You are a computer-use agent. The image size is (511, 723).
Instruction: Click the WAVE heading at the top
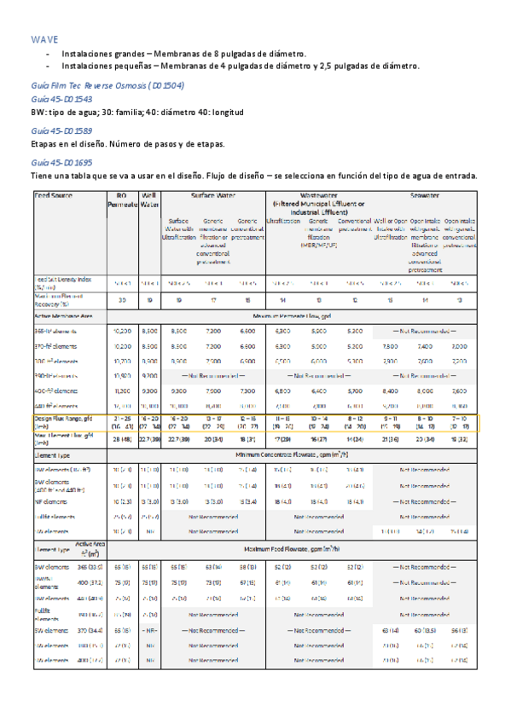44,40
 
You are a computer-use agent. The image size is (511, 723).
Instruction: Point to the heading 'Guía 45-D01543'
61,100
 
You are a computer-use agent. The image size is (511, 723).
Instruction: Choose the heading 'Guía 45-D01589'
61,131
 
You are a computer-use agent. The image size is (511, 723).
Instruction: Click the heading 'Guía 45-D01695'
61,162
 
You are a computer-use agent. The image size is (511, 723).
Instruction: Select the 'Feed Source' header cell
53,195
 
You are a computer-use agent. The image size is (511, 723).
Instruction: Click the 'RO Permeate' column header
122,200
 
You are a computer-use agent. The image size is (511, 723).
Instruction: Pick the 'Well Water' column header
150,200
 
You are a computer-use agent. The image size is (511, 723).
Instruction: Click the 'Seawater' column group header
424,195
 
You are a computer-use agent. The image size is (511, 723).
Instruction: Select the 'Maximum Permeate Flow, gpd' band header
317,315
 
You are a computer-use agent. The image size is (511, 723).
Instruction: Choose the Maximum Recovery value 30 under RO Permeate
122,299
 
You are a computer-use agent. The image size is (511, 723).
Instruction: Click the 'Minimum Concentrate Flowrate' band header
317,457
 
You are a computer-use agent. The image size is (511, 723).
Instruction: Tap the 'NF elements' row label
53,501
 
